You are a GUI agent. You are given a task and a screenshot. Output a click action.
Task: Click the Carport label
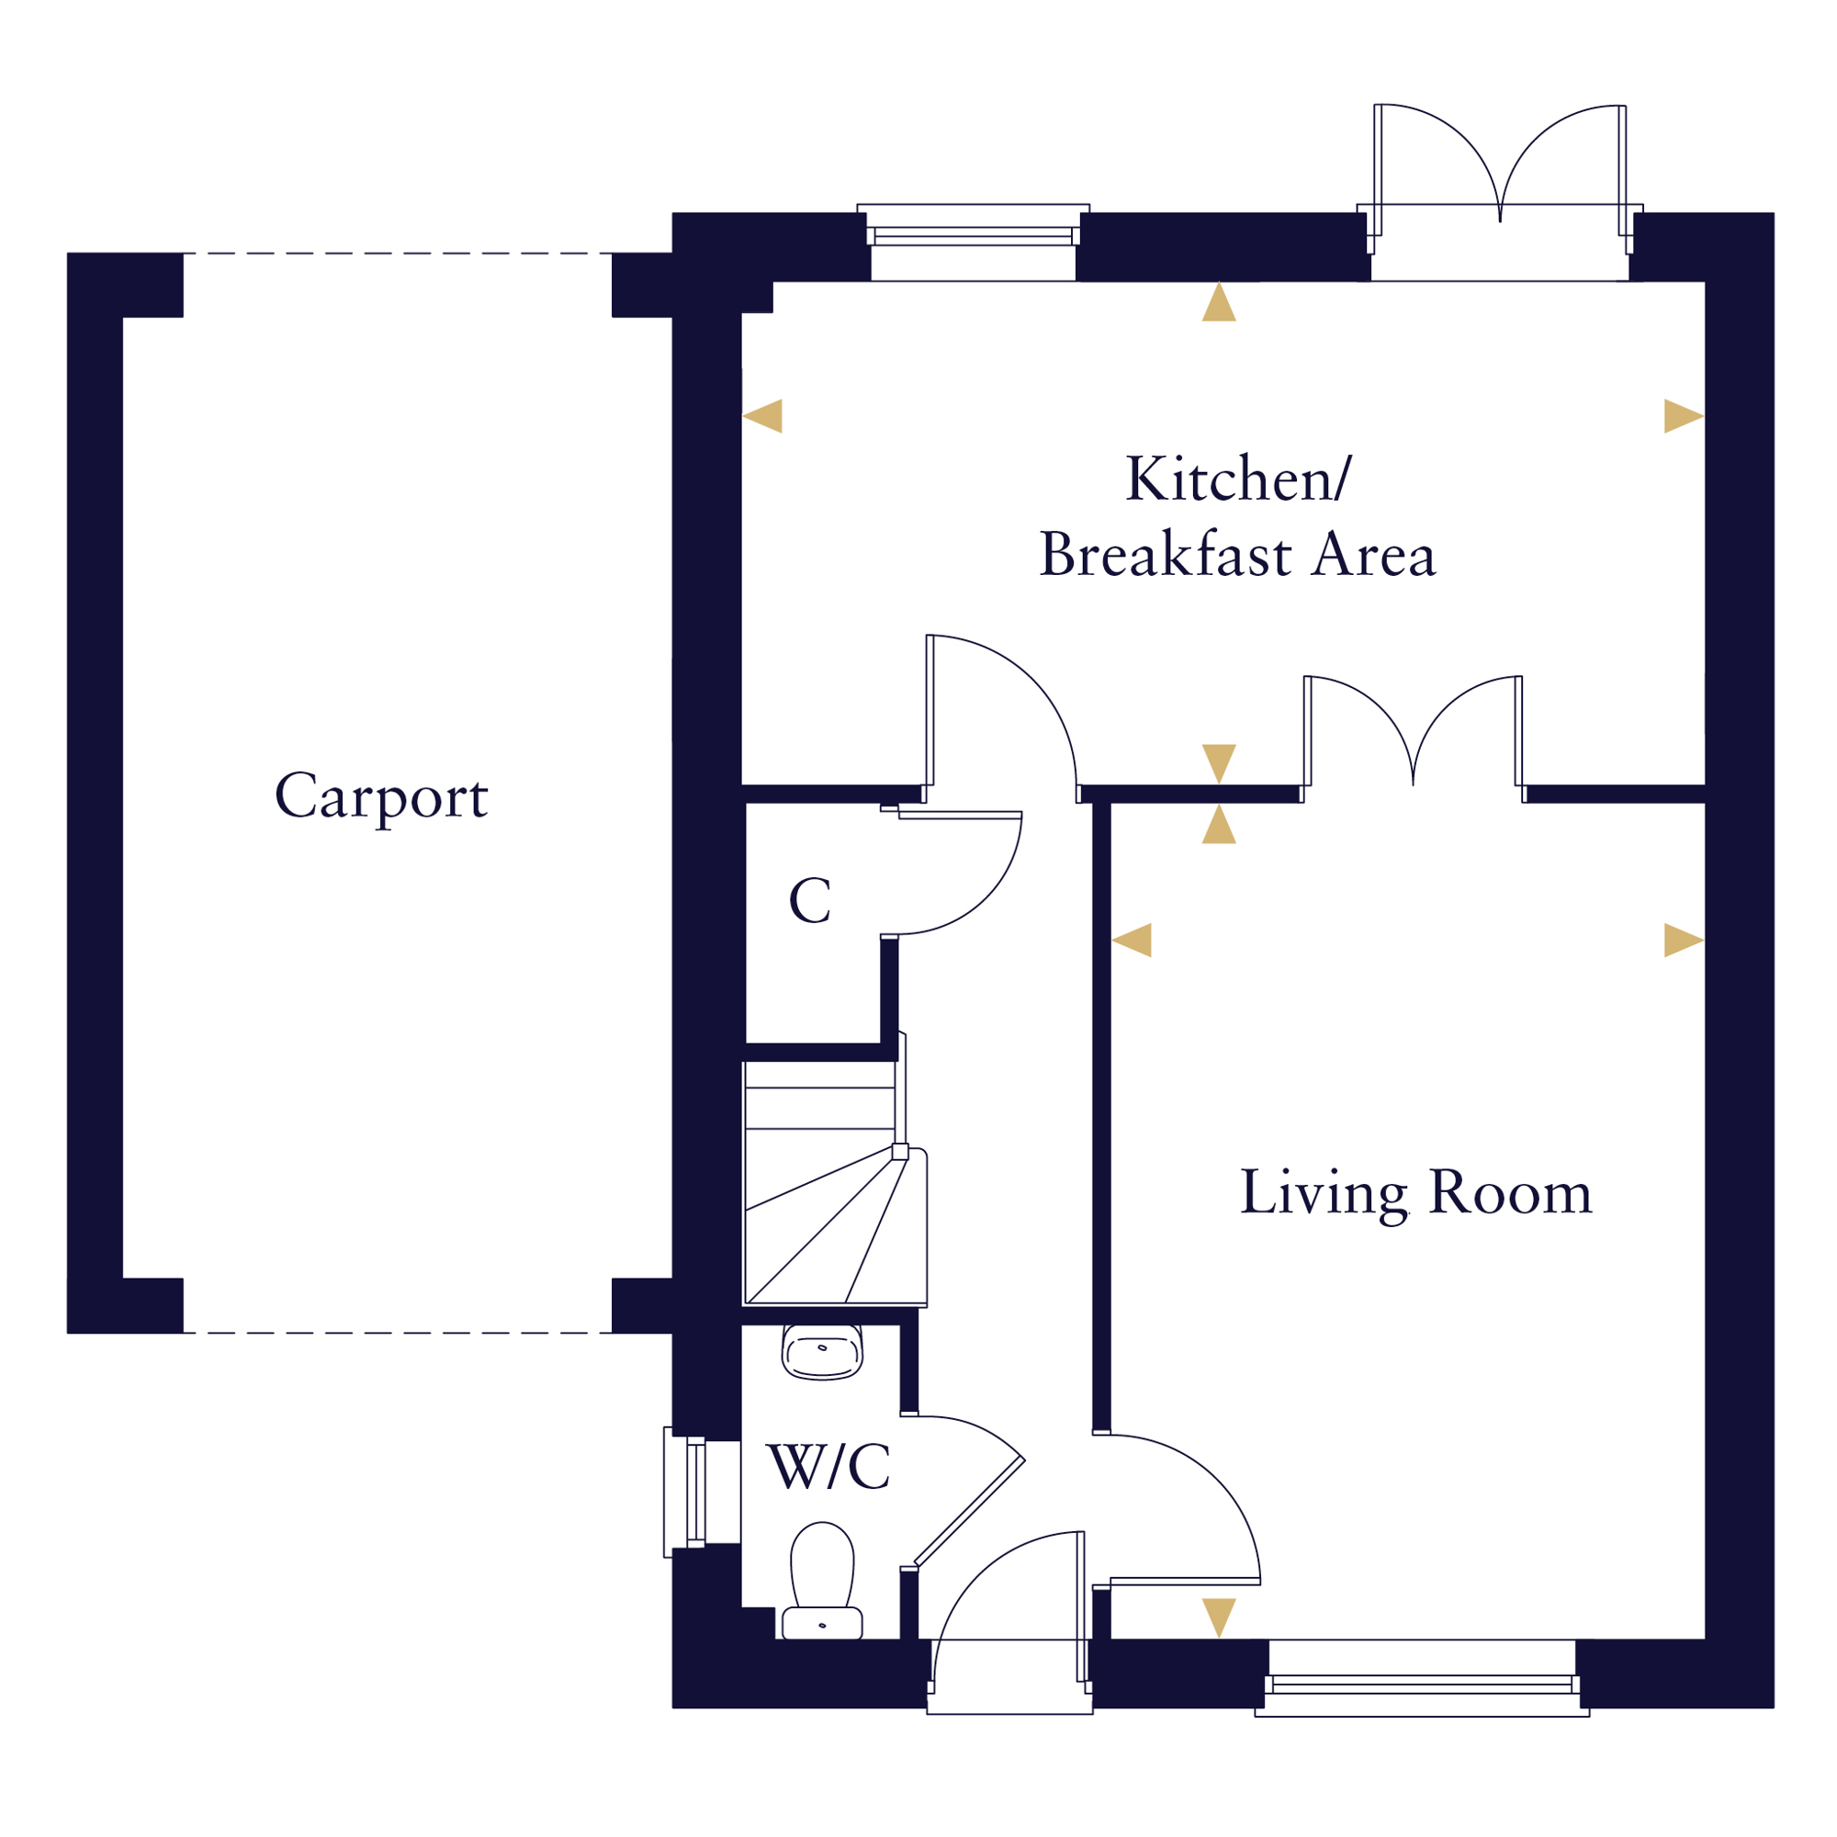(381, 796)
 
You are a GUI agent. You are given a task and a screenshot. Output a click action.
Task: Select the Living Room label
(1415, 1194)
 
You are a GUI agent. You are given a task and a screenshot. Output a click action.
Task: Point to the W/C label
(829, 1467)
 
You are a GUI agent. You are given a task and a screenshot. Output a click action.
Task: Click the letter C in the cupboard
(810, 900)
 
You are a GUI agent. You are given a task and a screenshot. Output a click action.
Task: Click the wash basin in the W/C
(822, 1352)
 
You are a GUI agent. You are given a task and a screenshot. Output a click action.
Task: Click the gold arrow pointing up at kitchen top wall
(1219, 301)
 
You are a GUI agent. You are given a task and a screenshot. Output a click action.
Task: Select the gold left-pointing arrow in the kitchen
(762, 415)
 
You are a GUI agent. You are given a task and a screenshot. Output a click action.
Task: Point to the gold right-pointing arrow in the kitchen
(1684, 415)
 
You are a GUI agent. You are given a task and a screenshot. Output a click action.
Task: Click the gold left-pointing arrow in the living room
(1132, 940)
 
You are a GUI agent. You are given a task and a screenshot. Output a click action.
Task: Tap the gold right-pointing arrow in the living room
(1684, 940)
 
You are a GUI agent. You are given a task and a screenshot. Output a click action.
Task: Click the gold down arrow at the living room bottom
(1219, 1618)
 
